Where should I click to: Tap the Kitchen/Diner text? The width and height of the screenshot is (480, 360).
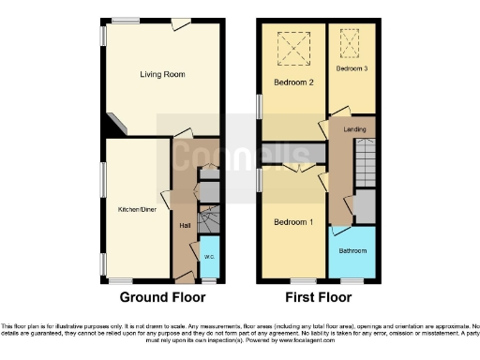136,208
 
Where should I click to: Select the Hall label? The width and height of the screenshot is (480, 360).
185,225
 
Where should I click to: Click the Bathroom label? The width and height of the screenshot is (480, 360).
352,251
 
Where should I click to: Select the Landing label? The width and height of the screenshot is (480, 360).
354,129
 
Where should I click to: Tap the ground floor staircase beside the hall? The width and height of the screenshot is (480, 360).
209,220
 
